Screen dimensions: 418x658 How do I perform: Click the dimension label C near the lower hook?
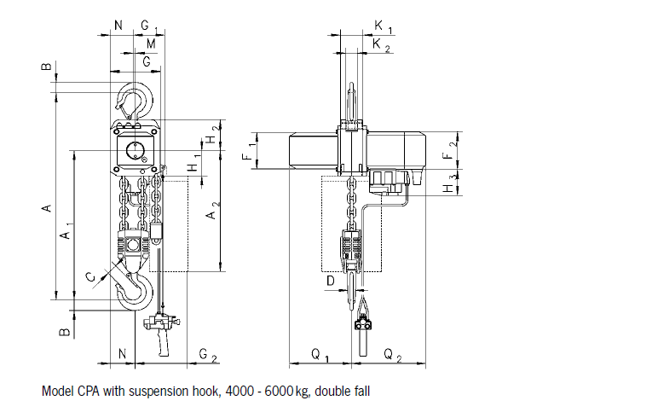click(91, 275)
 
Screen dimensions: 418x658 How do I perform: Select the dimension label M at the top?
click(150, 44)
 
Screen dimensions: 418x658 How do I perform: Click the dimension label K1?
click(381, 27)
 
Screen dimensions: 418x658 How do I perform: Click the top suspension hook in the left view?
click(136, 99)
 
